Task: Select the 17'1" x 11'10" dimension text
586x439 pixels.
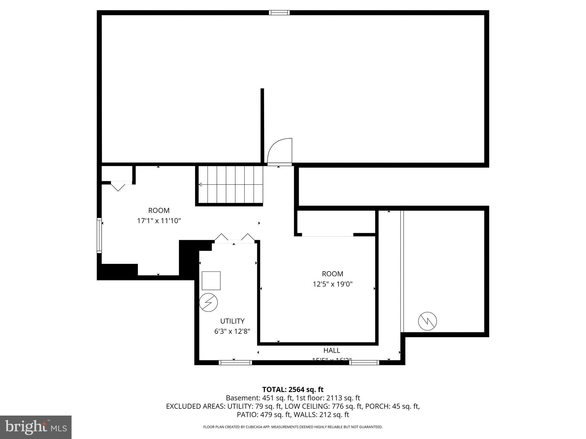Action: (x=159, y=221)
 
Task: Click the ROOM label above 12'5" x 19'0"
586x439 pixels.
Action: (x=332, y=274)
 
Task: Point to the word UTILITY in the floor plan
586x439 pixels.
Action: (x=232, y=321)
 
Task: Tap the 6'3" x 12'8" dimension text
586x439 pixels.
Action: (x=232, y=332)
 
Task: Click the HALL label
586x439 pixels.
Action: (x=332, y=350)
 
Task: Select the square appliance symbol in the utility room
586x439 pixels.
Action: (x=211, y=281)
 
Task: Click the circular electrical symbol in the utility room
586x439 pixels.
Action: (x=208, y=302)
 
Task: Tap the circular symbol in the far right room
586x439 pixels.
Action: (x=427, y=321)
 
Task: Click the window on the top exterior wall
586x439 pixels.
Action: (x=279, y=13)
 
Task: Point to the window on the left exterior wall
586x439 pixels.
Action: (x=99, y=235)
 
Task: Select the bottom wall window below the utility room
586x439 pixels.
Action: (x=235, y=363)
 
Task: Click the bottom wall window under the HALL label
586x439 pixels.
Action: (x=364, y=363)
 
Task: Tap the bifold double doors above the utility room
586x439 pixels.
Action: (x=234, y=239)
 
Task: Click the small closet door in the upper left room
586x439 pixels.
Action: (x=118, y=186)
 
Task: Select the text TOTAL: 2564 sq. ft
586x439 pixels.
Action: (x=293, y=390)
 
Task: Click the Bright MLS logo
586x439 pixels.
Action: (x=35, y=427)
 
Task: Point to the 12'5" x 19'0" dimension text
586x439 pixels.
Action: (x=332, y=284)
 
